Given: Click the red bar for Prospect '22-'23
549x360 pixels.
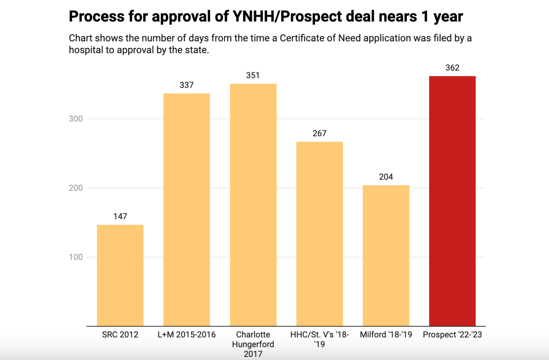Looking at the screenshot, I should click(452, 201).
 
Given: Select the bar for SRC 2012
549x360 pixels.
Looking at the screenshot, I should click(120, 275).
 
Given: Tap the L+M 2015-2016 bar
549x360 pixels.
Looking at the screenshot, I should click(187, 210).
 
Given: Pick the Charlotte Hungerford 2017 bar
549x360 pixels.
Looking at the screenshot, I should click(253, 205).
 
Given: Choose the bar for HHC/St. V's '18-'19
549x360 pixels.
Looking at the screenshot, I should click(319, 234).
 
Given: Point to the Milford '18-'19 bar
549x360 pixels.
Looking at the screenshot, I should click(386, 256).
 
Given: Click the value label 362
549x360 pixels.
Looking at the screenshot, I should click(452, 68).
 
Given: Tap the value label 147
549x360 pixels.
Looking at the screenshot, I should click(120, 216).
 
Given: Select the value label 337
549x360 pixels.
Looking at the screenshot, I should click(187, 85).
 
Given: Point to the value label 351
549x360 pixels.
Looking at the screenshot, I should click(253, 75).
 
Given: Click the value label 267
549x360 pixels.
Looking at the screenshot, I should click(319, 133).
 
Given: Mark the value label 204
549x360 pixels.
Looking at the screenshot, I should click(386, 177).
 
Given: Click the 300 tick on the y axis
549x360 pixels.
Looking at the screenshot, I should click(76, 119).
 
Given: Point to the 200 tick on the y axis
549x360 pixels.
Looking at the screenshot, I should click(76, 188).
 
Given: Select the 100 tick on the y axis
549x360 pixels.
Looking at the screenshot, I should click(76, 257).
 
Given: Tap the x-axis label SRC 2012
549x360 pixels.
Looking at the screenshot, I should click(120, 335).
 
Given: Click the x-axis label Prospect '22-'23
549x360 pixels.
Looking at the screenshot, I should click(452, 335).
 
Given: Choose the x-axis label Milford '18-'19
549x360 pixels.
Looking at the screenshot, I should click(386, 335).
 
